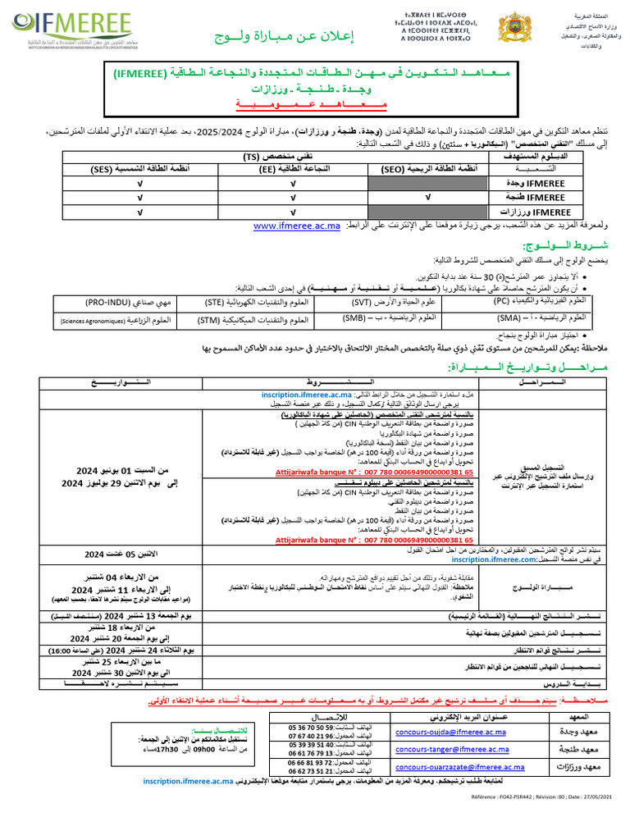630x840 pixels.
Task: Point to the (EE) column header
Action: (292, 169)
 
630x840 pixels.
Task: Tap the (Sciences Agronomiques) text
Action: (92, 321)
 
